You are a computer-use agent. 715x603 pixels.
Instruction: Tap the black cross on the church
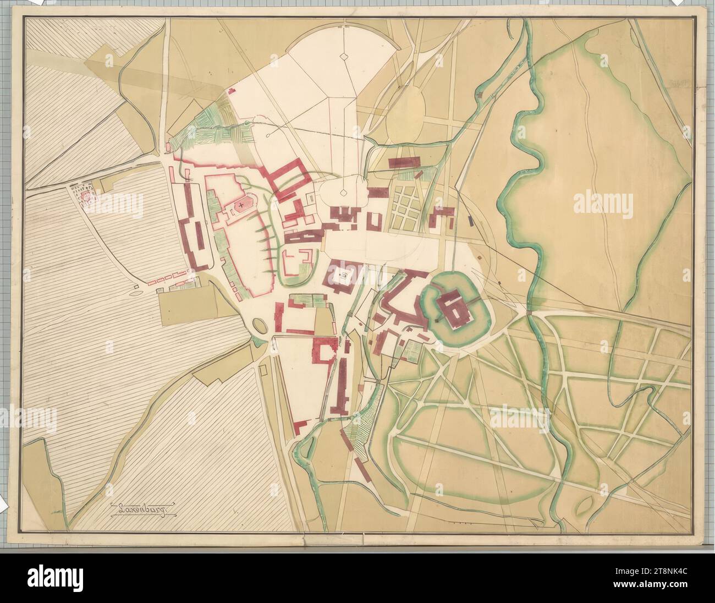(241, 205)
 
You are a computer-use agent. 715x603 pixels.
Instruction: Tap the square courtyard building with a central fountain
(342, 275)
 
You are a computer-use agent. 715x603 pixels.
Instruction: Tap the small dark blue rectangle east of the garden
(471, 221)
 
